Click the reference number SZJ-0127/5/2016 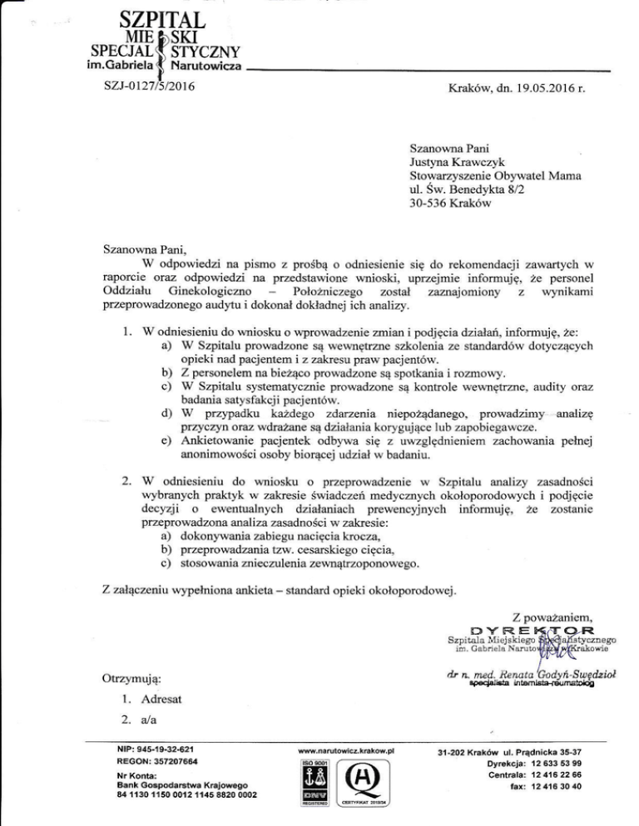tap(144, 84)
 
